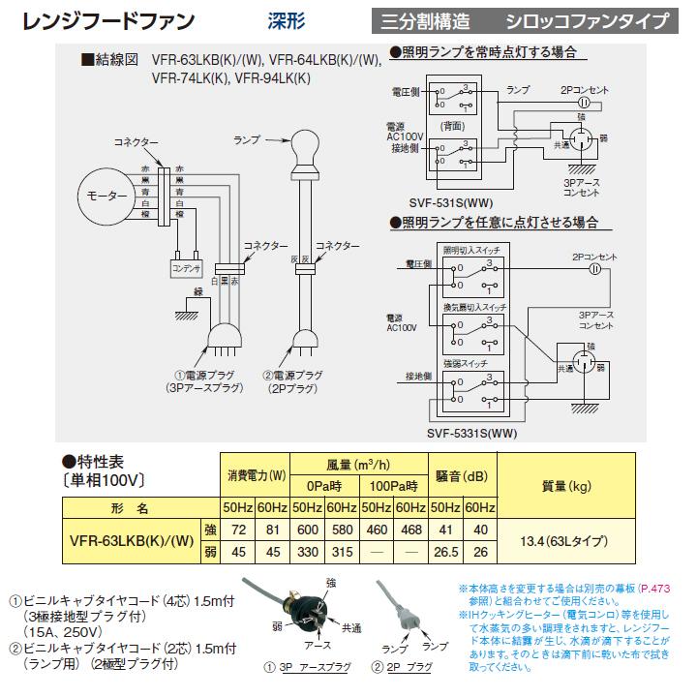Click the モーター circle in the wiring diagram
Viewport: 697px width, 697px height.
(107, 197)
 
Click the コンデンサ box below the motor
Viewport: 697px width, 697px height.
(184, 266)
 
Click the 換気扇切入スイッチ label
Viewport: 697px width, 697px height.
(474, 306)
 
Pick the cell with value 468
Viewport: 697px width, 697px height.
(410, 531)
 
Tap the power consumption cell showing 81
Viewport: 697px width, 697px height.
(274, 531)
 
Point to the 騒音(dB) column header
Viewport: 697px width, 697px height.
(461, 475)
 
